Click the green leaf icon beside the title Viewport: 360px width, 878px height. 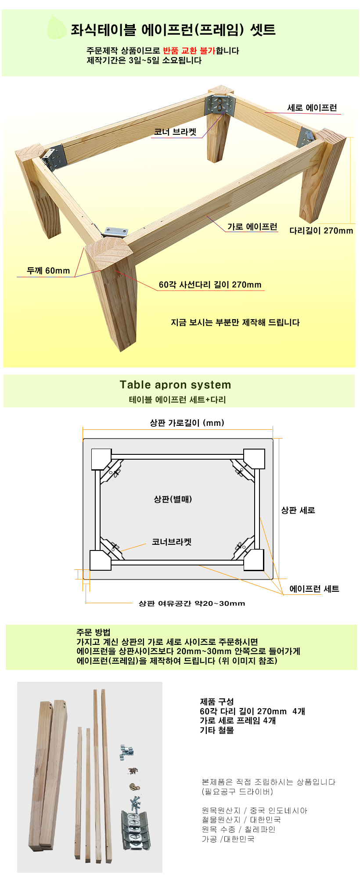pos(57,27)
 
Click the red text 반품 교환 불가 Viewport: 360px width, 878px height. pos(189,50)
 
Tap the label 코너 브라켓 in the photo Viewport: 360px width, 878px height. pos(175,132)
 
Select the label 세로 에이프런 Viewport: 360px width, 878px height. pos(312,108)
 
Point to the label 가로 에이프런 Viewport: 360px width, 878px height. pos(252,227)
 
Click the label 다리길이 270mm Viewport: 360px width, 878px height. pos(321,230)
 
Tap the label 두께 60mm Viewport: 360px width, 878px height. pos(48,270)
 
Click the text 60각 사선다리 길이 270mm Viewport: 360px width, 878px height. pos(210,284)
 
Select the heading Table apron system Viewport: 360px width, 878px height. pos(176,385)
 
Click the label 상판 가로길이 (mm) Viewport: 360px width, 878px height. pos(187,423)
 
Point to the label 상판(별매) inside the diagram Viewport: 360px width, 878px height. pos(173,499)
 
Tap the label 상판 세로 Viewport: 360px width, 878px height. pos(298,510)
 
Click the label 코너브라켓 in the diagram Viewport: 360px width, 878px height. pos(172,542)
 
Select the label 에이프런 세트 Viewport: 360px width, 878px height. pos(314,589)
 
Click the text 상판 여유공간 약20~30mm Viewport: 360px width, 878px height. pos(192,603)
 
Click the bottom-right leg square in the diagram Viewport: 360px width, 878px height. pos(254,560)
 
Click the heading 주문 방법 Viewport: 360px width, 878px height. pos(94,633)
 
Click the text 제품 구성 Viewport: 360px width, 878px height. pos(217,702)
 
